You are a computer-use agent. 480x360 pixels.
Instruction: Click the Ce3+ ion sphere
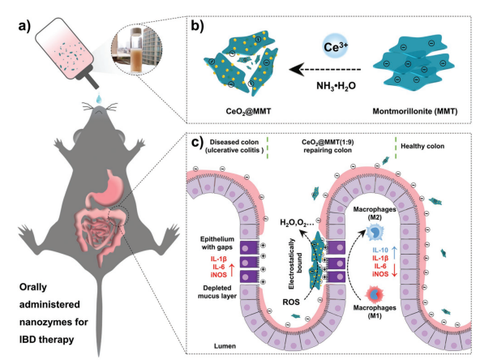point(336,46)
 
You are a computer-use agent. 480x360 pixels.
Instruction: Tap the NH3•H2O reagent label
point(336,86)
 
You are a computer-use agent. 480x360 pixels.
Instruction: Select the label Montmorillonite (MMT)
point(415,111)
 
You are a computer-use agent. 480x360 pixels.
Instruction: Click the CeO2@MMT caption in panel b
point(248,111)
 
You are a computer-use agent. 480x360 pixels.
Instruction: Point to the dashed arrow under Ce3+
point(325,70)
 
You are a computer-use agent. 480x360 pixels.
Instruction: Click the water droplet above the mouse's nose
point(99,99)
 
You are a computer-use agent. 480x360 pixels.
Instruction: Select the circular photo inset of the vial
point(136,49)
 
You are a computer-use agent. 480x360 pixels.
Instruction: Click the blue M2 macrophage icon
point(374,232)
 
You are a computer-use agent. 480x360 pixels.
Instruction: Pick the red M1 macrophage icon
point(375,294)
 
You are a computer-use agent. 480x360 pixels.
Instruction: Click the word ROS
point(291,302)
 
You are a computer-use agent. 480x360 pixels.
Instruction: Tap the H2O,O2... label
point(297,222)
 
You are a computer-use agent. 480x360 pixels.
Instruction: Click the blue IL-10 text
point(380,250)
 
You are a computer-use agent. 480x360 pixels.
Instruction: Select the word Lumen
point(225,346)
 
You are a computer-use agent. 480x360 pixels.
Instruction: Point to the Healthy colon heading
point(422,146)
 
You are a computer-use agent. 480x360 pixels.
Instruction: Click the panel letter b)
point(197,26)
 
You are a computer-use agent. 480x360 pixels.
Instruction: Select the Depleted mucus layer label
point(217,292)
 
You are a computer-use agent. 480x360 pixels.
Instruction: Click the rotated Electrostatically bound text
point(295,264)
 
